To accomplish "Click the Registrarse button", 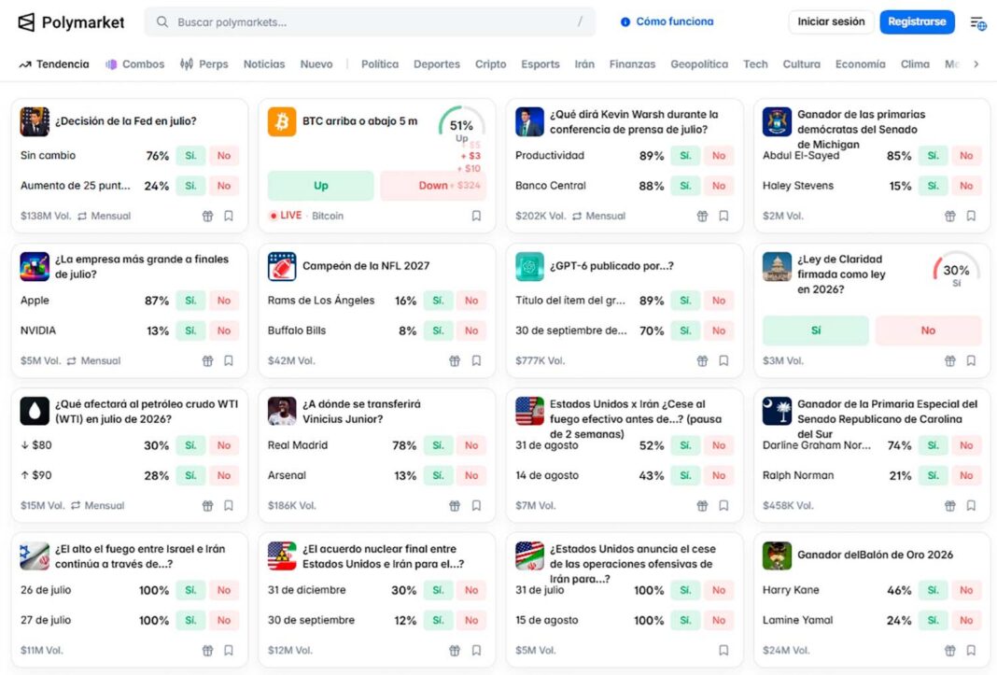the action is pos(917,21).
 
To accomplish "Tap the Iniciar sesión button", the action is pos(831,21).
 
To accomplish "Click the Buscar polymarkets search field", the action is pos(370,21).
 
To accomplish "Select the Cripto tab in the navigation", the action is pos(490,64).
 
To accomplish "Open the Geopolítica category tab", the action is pos(699,64).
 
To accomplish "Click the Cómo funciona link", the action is pos(667,21).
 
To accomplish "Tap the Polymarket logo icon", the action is pos(26,22).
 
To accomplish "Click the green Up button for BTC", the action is pos(320,186).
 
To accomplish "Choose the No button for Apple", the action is pos(224,301).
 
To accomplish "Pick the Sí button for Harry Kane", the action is pos(933,590).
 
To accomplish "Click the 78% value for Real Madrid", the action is pos(404,445).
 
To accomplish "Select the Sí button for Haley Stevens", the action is pos(933,186).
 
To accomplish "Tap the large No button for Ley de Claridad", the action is pos(928,330).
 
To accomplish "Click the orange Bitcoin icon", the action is pos(282,121).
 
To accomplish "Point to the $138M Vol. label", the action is pos(46,216).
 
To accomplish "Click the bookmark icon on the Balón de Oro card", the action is pos(971,650).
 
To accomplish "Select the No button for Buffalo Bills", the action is pos(471,330).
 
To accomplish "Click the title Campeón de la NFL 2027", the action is pos(366,266).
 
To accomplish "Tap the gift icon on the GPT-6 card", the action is pos(702,360).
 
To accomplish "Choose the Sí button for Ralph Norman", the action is pos(933,475).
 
